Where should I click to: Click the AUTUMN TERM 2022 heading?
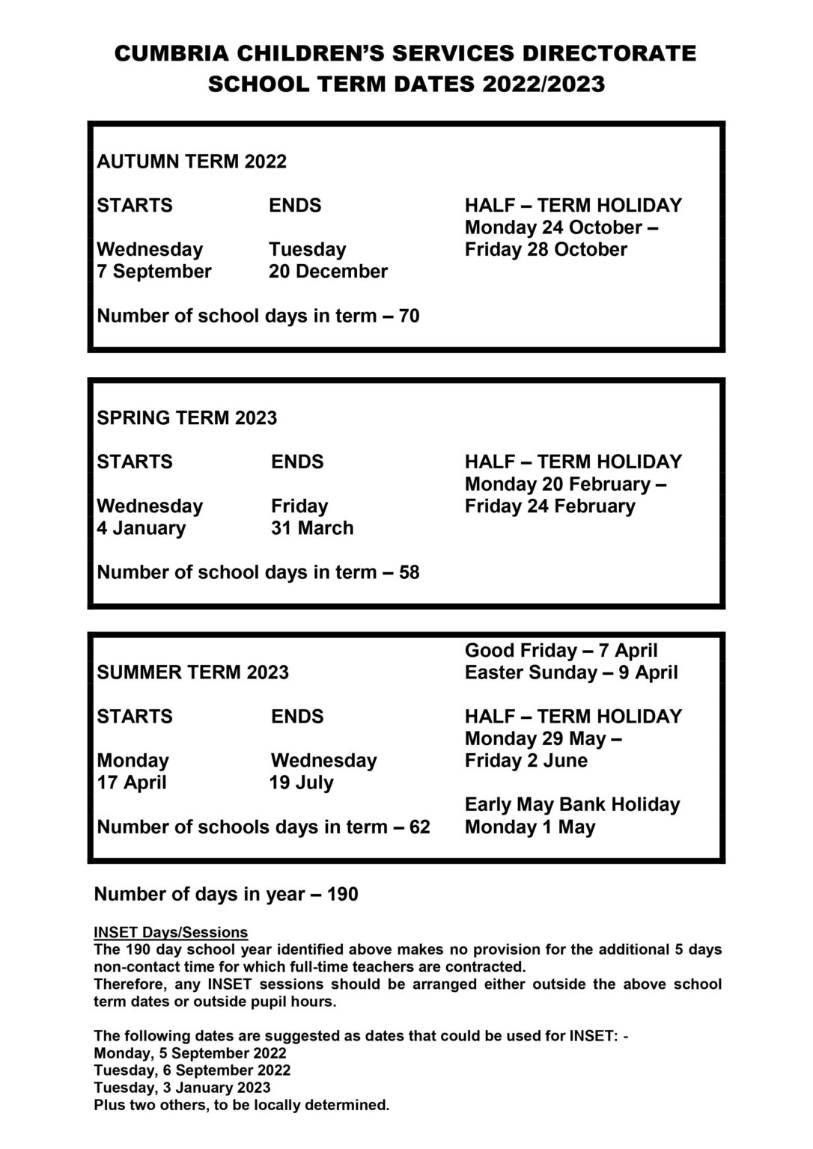point(192,162)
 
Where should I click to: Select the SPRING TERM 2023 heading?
point(186,417)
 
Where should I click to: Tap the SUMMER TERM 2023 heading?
point(192,672)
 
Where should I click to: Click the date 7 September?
point(154,272)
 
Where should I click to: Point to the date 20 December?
point(328,272)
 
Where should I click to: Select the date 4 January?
point(141,528)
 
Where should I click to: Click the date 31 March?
point(312,528)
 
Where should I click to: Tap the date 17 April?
point(132,783)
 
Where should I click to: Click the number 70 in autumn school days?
point(409,316)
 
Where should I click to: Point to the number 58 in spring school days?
point(409,573)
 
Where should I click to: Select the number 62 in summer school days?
point(420,827)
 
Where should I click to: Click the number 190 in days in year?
point(342,895)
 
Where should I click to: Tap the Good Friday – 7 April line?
point(561,651)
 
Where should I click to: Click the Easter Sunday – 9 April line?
point(571,672)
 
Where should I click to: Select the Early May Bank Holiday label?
point(572,805)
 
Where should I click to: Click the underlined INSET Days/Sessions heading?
point(171,933)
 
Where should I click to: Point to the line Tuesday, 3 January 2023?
point(182,1088)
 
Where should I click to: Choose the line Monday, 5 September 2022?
point(191,1053)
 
